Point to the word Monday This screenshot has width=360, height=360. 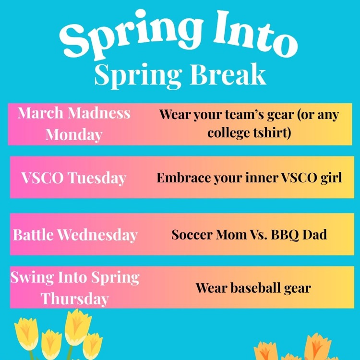click(x=74, y=134)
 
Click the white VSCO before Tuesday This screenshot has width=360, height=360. click(x=42, y=178)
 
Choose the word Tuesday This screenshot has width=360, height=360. click(x=96, y=178)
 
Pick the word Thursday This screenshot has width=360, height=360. click(x=74, y=299)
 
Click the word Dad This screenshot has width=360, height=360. click(x=315, y=235)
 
